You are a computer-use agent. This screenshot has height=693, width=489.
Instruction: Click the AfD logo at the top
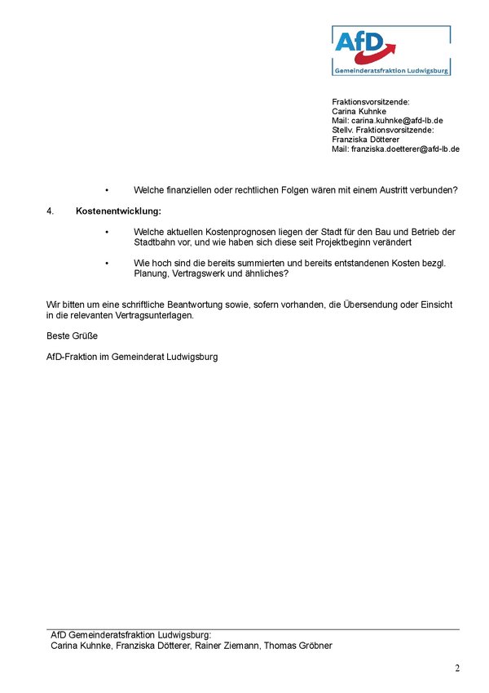pyautogui.click(x=390, y=50)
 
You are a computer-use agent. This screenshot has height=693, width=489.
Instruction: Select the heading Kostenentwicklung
pyautogui.click(x=118, y=211)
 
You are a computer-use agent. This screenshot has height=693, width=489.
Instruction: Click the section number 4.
pyautogui.click(x=50, y=211)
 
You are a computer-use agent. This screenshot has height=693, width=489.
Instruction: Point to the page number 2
pyautogui.click(x=457, y=669)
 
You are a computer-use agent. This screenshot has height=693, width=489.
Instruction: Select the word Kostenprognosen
pyautogui.click(x=230, y=233)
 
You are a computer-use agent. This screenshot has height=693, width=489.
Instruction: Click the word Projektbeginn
pyautogui.click(x=334, y=243)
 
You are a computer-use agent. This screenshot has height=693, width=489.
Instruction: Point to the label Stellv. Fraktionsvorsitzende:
pyautogui.click(x=382, y=130)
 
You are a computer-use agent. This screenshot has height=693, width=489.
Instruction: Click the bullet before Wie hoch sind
pyautogui.click(x=106, y=263)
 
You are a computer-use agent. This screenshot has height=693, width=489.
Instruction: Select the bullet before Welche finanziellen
pyautogui.click(x=106, y=190)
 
